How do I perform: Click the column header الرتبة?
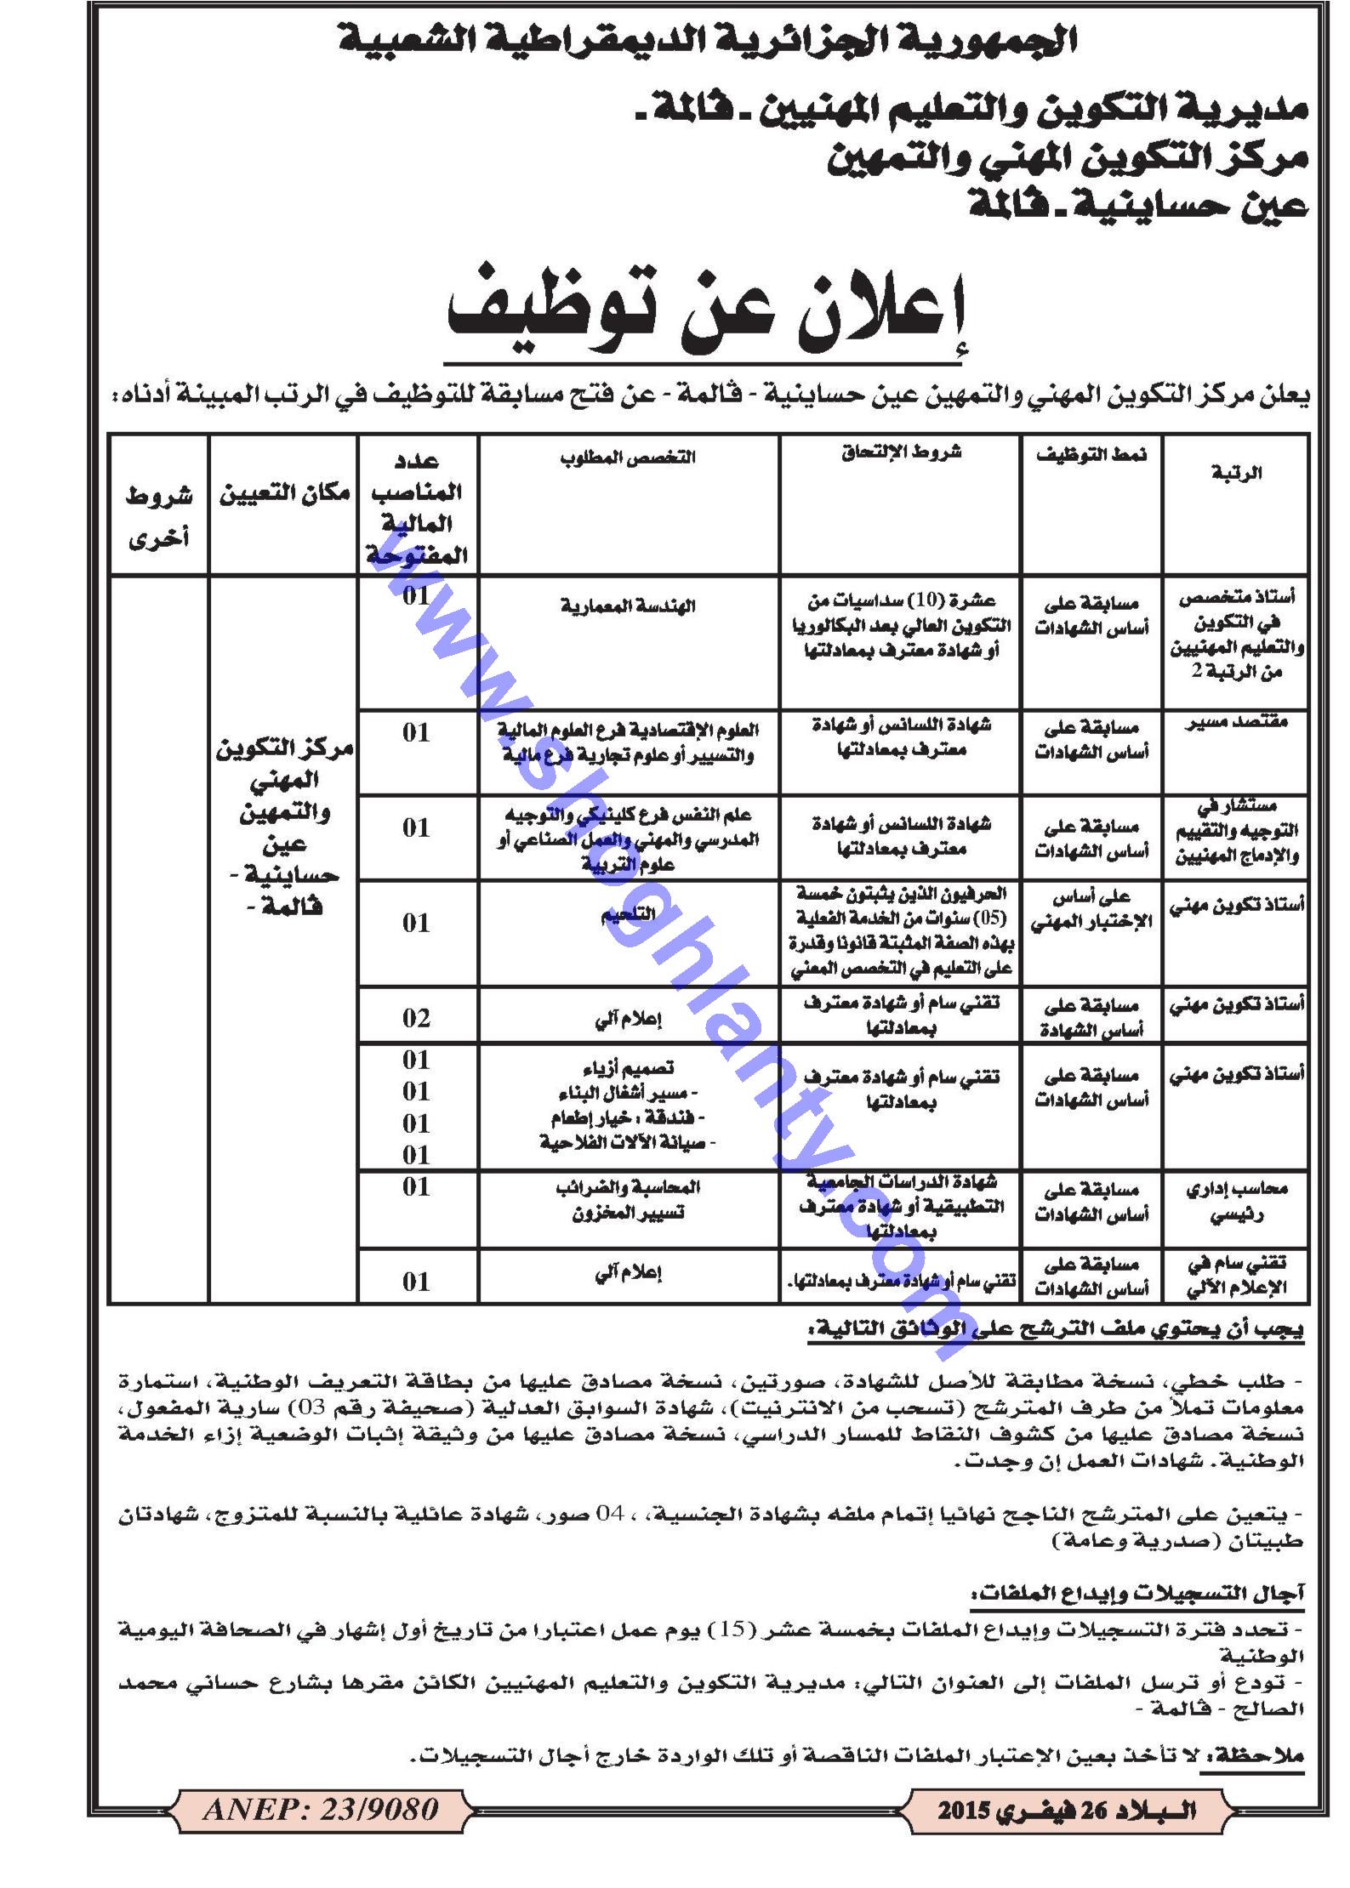click(x=1236, y=473)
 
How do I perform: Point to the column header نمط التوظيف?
click(x=1091, y=455)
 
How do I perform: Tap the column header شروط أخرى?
click(x=159, y=516)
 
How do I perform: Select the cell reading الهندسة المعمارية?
click(x=628, y=606)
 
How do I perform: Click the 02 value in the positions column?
click(x=417, y=1018)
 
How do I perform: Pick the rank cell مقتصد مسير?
click(x=1236, y=723)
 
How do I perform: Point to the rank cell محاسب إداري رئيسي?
click(x=1236, y=1201)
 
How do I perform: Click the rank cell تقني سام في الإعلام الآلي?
click(x=1236, y=1276)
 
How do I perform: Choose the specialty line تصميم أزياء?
click(x=628, y=1068)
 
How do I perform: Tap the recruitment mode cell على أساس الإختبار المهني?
click(x=1091, y=910)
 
